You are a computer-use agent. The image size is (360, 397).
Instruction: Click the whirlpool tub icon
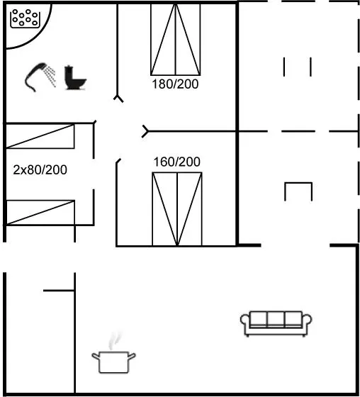[x=25, y=18]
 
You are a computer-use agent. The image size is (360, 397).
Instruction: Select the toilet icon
[x=75, y=78]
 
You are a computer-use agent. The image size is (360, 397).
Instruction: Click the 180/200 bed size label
[x=175, y=84]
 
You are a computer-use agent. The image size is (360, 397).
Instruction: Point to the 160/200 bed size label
[x=176, y=162]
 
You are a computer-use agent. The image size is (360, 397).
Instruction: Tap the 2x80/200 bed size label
[x=40, y=169]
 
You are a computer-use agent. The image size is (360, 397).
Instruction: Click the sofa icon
[x=276, y=323]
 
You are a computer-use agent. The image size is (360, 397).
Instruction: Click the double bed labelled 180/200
[x=176, y=40]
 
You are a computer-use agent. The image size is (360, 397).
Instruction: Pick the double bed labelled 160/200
[x=177, y=209]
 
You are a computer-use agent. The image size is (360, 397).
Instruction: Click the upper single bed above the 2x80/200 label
[x=40, y=136]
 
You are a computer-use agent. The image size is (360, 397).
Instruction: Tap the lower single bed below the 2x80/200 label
[x=40, y=213]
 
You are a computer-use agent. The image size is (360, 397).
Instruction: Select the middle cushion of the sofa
[x=276, y=319]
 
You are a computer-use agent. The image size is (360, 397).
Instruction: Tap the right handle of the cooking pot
[x=132, y=356]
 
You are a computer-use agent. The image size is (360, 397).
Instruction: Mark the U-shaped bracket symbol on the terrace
[x=298, y=191]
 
